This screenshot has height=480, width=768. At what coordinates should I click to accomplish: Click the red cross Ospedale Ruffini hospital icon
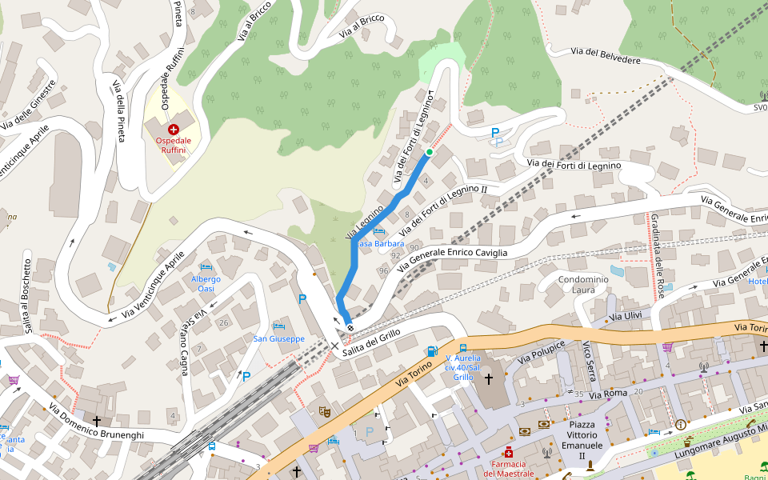coord(173,129)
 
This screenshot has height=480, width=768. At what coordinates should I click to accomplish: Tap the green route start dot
coord(429,152)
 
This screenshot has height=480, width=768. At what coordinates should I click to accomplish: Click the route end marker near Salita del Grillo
coord(350,328)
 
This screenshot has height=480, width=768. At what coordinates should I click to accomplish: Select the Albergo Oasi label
coord(206,283)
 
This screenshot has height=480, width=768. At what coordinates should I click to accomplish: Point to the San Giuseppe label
coord(278,338)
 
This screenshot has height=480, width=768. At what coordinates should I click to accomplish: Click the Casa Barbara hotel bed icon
coord(378,231)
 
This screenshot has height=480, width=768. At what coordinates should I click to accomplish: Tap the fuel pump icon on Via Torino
coord(432,350)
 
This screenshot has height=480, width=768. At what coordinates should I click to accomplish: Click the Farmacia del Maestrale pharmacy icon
coord(508,452)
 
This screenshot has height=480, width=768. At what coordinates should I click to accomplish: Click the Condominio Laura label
coord(583,284)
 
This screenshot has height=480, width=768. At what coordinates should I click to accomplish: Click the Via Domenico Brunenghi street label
coord(95,422)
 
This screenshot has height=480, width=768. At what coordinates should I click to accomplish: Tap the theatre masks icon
coord(325,411)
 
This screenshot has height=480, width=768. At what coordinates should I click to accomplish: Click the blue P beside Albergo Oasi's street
coord(302,299)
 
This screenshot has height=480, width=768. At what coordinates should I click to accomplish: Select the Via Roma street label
coord(608,394)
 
